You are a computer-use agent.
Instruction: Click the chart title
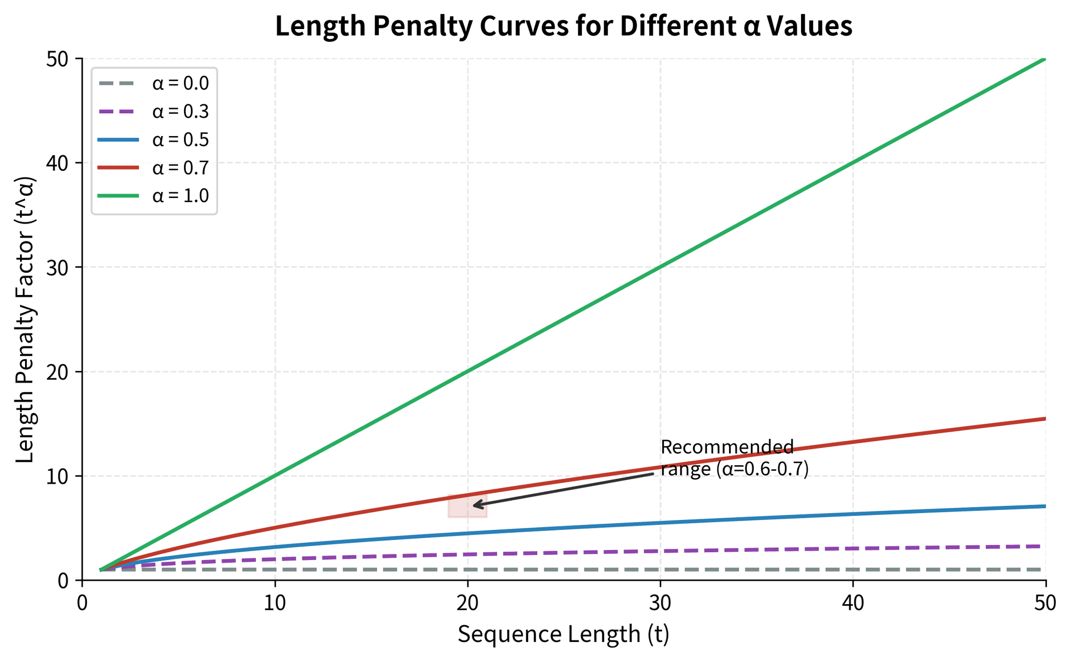[563, 27]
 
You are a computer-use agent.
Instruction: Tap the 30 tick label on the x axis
[660, 603]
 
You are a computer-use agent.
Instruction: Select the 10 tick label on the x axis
[275, 603]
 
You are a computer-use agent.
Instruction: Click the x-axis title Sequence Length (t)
[563, 635]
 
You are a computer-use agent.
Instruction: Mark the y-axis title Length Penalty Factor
[26, 319]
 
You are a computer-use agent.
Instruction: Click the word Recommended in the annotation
[727, 447]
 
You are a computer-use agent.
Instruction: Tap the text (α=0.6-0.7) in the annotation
[761, 469]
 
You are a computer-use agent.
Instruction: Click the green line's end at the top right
[1043, 59]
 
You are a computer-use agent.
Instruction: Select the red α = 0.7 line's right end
[1043, 419]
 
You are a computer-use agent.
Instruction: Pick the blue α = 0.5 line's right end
[1043, 506]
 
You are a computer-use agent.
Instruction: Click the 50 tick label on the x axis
[1045, 603]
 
